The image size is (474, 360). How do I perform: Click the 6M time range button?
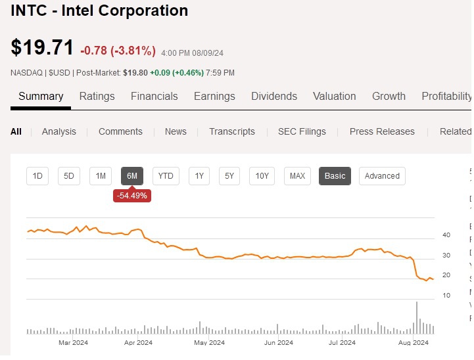[132, 176]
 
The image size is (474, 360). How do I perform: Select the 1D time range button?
[37, 176]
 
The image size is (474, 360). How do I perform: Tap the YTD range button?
[166, 176]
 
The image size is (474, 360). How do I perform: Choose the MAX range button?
[297, 176]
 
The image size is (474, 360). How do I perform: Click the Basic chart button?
[335, 176]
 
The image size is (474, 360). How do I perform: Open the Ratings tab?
[97, 97]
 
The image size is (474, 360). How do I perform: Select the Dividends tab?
[274, 97]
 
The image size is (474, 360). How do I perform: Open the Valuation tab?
[335, 97]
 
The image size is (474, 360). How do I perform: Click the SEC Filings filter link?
[302, 131]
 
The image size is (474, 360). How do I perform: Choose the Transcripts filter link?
[232, 131]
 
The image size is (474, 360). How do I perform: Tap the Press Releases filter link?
[382, 131]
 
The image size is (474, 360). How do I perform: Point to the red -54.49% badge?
[132, 196]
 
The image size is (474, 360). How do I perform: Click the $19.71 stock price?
[42, 47]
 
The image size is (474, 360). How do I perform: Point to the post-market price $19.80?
[135, 73]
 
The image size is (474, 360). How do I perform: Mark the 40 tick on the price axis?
[446, 235]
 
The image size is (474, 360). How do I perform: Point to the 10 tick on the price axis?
[446, 296]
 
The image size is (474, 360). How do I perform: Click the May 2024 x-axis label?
[209, 343]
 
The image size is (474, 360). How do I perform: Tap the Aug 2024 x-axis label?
[414, 343]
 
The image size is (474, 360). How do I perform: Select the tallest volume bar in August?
[417, 318]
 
